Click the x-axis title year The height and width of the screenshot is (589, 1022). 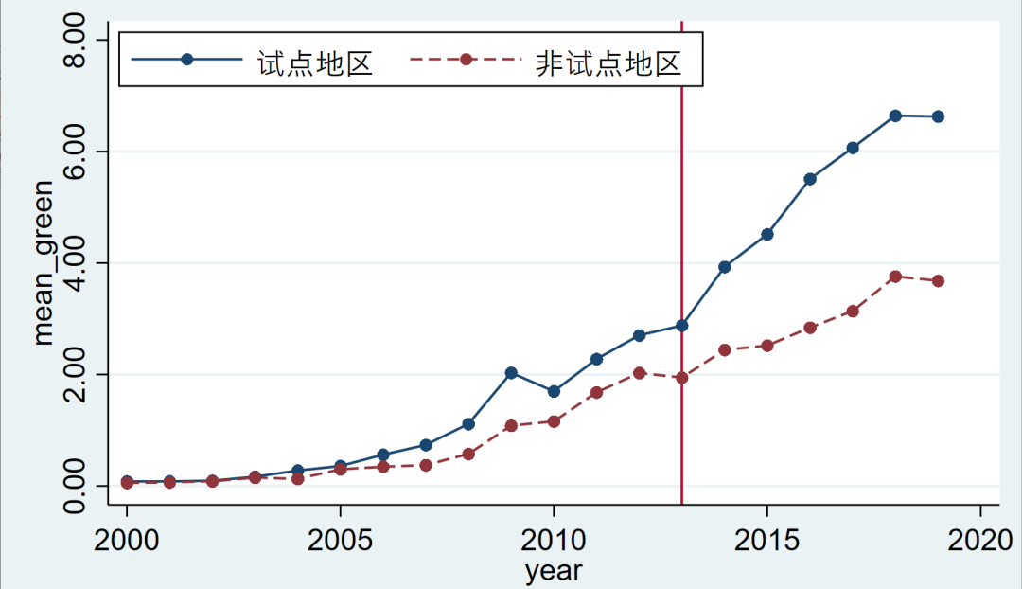click(554, 571)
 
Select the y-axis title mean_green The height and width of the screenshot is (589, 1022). click(44, 262)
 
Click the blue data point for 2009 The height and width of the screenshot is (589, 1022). click(511, 373)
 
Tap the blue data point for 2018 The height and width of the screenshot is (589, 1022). click(895, 116)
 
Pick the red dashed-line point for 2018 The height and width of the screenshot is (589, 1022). click(895, 277)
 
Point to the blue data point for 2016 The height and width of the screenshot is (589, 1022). click(810, 179)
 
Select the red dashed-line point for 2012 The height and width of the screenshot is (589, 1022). click(639, 373)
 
